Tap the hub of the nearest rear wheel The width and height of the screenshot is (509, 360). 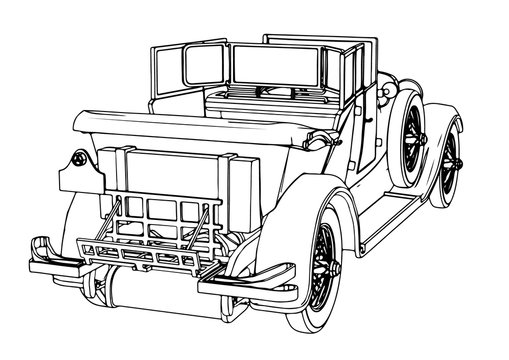click(x=323, y=263)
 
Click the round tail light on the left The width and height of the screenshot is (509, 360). click(x=78, y=159)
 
